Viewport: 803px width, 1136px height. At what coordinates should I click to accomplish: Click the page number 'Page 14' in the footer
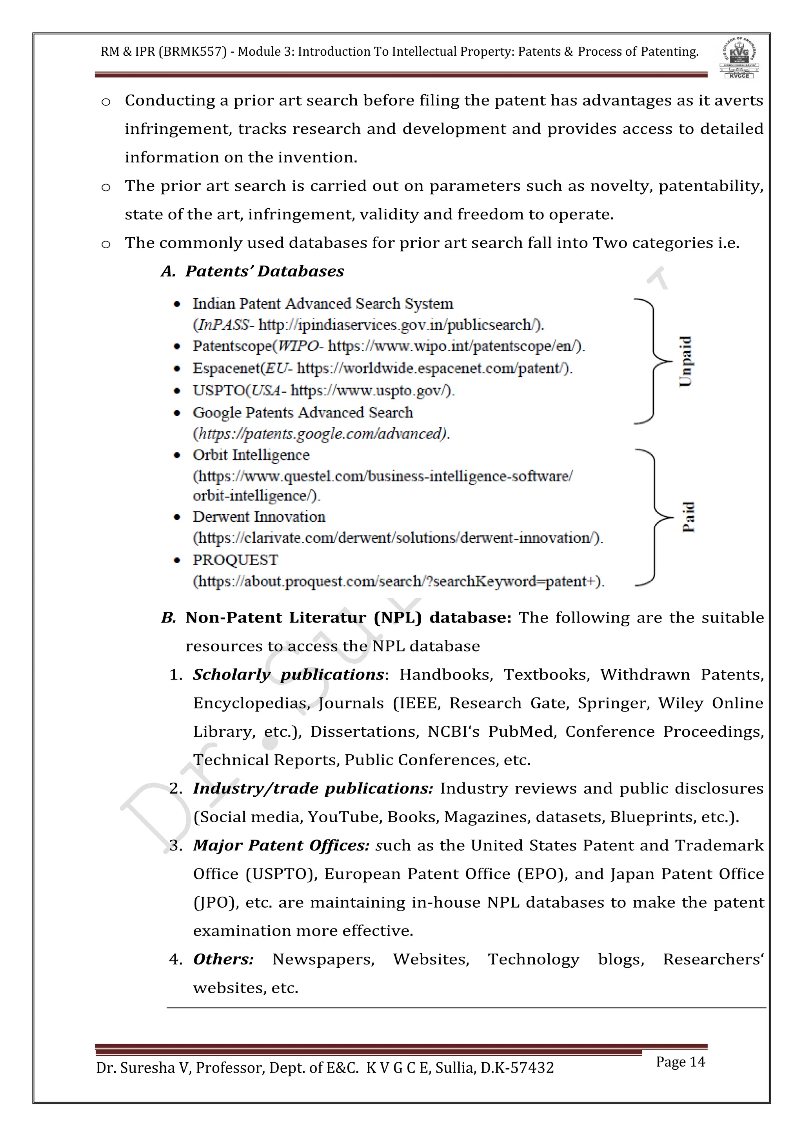pos(680,1061)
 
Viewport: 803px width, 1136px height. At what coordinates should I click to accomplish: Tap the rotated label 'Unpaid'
pos(685,361)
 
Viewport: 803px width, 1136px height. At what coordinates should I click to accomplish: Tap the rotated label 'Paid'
pos(688,517)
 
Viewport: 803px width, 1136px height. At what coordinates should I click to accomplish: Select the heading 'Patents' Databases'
pos(265,271)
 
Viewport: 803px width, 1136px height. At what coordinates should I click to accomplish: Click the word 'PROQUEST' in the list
pos(235,560)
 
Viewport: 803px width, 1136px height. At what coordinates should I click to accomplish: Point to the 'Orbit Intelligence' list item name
pos(251,455)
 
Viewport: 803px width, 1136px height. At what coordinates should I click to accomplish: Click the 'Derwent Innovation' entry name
pos(259,517)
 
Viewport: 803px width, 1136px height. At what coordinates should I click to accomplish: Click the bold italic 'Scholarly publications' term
pos(288,674)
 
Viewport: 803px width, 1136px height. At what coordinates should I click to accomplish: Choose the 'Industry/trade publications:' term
pos(313,788)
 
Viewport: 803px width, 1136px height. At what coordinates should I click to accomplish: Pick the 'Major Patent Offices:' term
pos(281,845)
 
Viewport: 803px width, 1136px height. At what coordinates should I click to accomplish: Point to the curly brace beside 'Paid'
pos(653,517)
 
